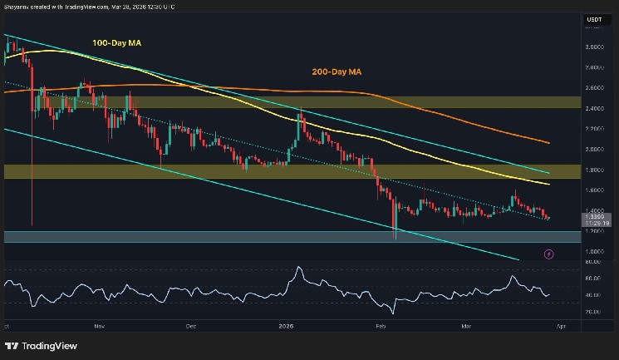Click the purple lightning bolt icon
[548, 253]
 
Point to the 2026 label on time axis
[285, 327]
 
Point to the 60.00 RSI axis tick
[594, 279]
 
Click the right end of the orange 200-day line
[549, 142]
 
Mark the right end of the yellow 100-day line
[549, 183]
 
